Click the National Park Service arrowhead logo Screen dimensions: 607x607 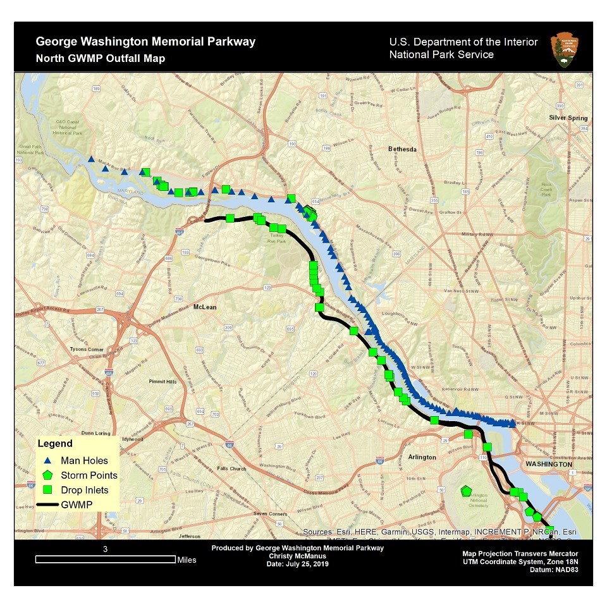(563, 49)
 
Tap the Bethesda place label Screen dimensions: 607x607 (402, 150)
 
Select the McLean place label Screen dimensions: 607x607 (205, 307)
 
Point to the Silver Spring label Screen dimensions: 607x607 (568, 118)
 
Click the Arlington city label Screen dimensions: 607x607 (422, 457)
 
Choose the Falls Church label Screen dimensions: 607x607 (231, 469)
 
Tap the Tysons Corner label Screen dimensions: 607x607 (87, 349)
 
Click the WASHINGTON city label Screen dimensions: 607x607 (546, 463)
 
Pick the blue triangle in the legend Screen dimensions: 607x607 (47, 461)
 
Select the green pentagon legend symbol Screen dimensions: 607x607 (47, 475)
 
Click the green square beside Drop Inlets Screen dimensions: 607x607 (47, 490)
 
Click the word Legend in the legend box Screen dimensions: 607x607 (55, 444)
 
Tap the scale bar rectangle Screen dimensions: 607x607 (106, 559)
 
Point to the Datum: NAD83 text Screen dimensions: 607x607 (554, 569)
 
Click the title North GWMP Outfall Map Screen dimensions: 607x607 (101, 59)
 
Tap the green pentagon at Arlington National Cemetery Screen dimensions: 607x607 (466, 491)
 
